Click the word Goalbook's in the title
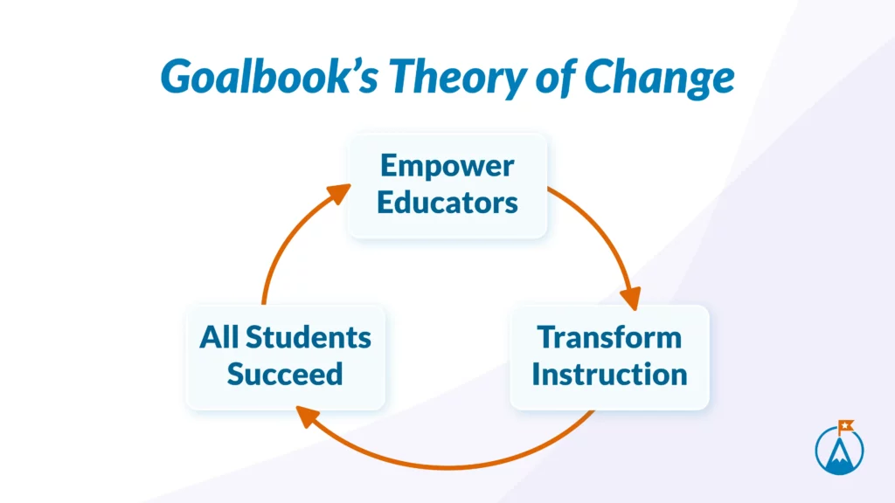click(x=269, y=76)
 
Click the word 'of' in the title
click(x=556, y=76)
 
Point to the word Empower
click(x=447, y=167)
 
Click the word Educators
click(x=447, y=203)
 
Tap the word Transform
click(x=609, y=337)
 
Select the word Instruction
click(x=609, y=374)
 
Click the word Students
click(x=309, y=337)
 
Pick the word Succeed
click(x=285, y=374)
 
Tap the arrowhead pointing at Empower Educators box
click(x=339, y=193)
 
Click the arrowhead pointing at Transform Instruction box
click(x=631, y=298)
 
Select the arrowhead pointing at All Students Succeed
click(x=307, y=417)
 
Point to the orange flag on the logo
click(x=845, y=426)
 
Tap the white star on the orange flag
click(x=845, y=425)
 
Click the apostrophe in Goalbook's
click(x=355, y=66)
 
